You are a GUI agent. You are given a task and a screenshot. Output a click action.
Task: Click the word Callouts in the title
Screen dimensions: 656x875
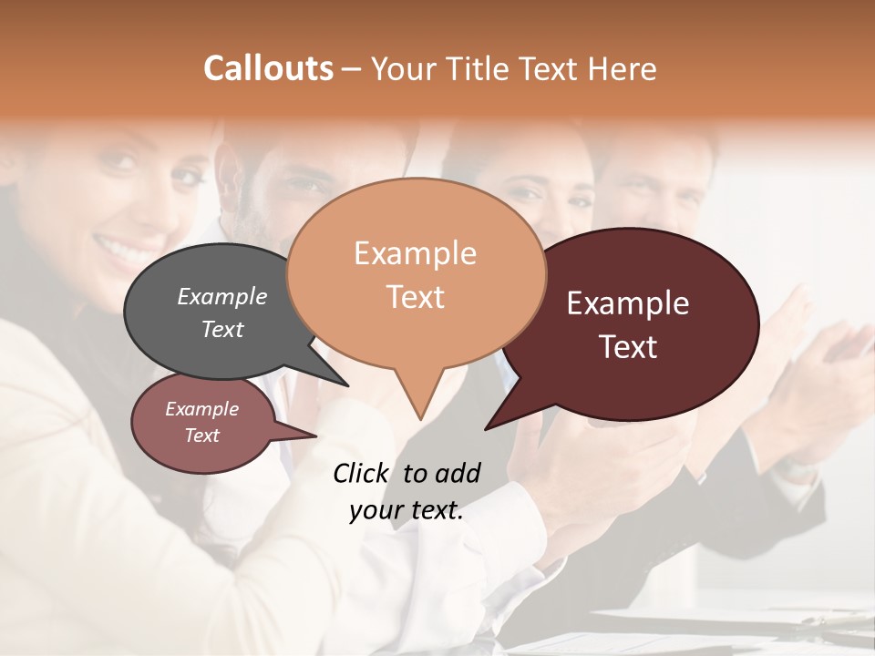pyautogui.click(x=268, y=68)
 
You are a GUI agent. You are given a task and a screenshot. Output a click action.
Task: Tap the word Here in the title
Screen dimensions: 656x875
pyautogui.click(x=621, y=68)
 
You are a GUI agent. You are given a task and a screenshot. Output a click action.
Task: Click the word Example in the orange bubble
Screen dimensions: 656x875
pyautogui.click(x=416, y=253)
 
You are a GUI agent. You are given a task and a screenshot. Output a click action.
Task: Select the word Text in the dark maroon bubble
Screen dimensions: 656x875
pyautogui.click(x=629, y=346)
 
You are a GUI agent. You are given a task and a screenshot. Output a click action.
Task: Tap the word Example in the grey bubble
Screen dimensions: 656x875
pyautogui.click(x=222, y=296)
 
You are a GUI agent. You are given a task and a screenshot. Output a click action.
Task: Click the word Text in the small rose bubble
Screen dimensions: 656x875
pyautogui.click(x=202, y=436)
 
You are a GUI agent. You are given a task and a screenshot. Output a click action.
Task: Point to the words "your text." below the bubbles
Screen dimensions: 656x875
pyautogui.click(x=407, y=511)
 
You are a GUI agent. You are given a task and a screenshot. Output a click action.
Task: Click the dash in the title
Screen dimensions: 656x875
pyautogui.click(x=353, y=68)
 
